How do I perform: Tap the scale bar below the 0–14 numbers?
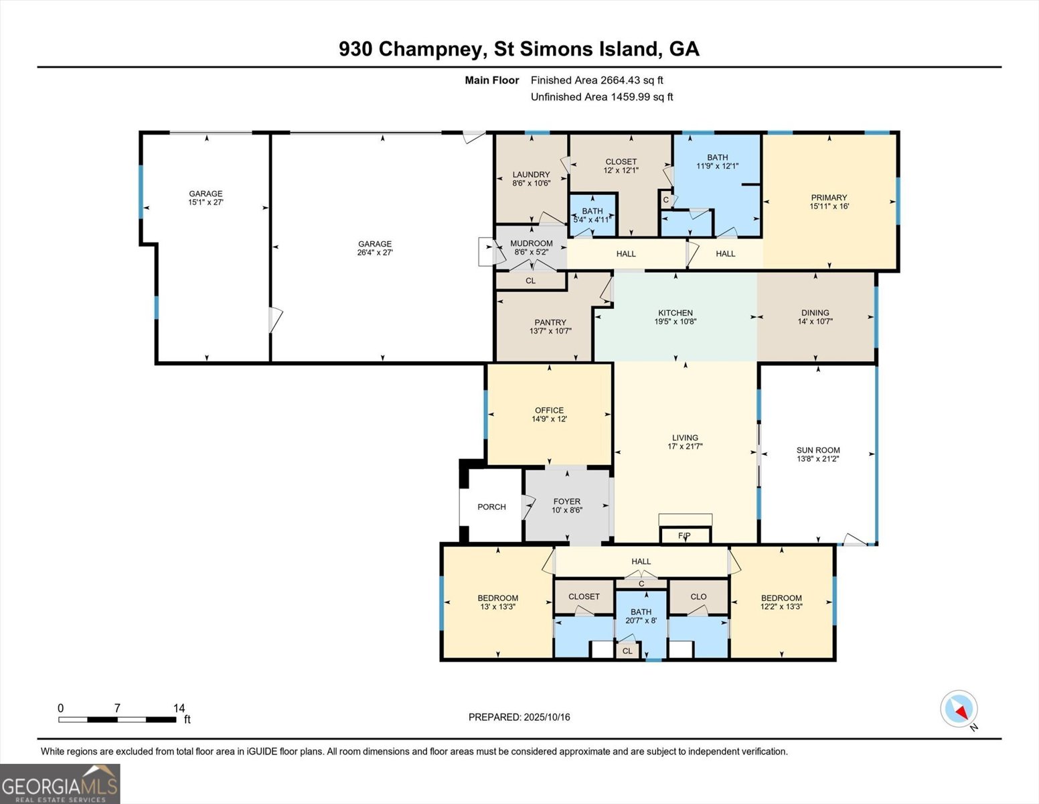tap(117, 720)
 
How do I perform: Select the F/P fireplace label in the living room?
tap(685, 536)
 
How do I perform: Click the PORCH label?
tap(491, 507)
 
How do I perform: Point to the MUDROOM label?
tap(531, 243)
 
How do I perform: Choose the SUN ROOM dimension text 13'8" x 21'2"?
tap(818, 459)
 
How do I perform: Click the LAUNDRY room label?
tap(531, 175)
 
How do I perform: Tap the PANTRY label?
tap(550, 322)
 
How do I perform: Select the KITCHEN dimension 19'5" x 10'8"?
tap(675, 322)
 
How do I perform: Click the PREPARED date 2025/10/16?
tap(547, 717)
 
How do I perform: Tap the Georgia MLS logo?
tap(60, 784)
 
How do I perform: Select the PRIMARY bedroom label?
tap(829, 198)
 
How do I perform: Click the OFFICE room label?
tap(549, 410)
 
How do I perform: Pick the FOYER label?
tap(566, 502)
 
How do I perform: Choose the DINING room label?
tap(815, 313)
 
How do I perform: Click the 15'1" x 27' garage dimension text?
tap(206, 202)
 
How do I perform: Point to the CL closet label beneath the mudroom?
tap(531, 281)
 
